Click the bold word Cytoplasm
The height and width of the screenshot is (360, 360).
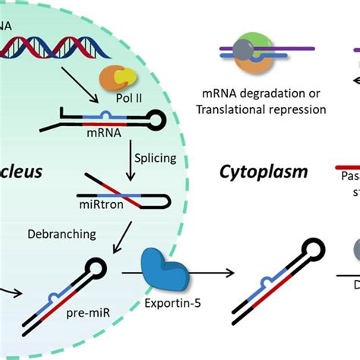[x=264, y=172]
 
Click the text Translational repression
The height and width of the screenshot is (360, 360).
[x=261, y=110]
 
